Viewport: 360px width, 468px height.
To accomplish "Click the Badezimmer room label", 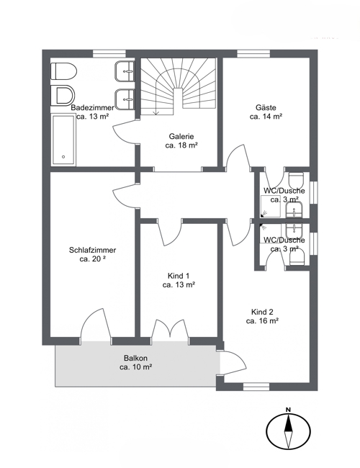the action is point(92,107).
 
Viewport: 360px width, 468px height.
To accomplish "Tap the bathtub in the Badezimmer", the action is point(63,140).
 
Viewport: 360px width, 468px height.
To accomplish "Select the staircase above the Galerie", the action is point(179,86).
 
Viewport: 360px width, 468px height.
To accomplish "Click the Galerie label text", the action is point(181,136).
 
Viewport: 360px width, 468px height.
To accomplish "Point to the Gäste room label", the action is point(266,107).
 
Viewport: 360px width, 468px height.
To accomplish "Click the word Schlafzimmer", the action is point(93,250).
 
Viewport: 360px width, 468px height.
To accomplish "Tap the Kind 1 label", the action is point(179,276).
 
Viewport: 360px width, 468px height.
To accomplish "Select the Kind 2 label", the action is point(262,312).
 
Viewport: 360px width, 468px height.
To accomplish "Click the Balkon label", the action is point(136,358).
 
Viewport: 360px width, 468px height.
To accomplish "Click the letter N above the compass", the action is point(288,410).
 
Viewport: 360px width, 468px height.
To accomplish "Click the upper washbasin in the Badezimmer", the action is point(125,71).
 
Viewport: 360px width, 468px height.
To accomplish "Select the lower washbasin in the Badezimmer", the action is point(125,99).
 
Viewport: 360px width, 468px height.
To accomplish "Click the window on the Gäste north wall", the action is point(253,54).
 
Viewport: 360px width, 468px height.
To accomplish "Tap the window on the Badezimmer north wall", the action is point(109,54).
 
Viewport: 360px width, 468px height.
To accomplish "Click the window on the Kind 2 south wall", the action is point(256,387).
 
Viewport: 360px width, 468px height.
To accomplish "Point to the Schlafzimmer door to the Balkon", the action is point(96,325).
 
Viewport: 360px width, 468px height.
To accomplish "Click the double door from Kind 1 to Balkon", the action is point(170,330).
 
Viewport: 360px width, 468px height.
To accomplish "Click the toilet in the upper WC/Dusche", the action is point(296,179).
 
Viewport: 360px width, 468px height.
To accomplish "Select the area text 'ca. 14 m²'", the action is point(266,117).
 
